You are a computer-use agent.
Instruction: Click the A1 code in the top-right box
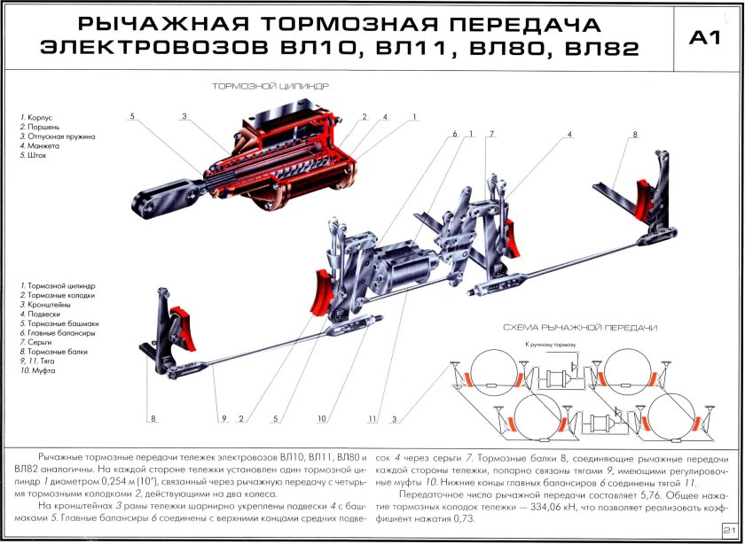[x=706, y=37]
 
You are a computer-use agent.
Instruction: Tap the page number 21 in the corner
[x=729, y=530]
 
